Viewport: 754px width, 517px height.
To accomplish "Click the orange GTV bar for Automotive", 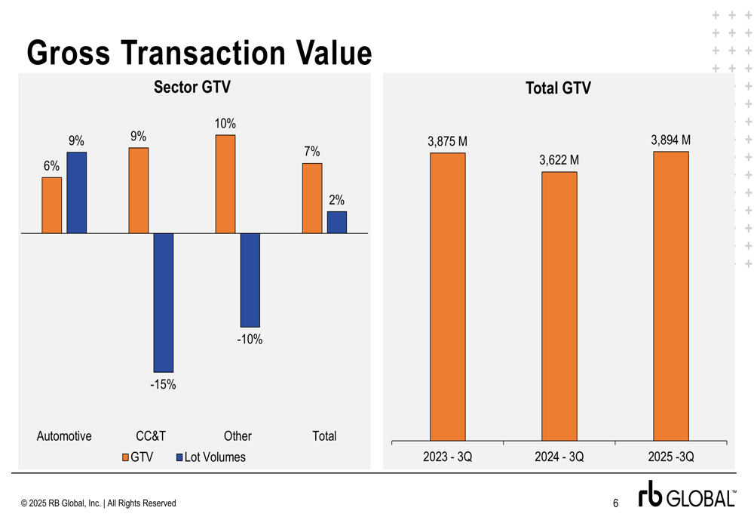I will tap(51, 205).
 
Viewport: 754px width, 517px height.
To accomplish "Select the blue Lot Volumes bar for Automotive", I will tap(77, 192).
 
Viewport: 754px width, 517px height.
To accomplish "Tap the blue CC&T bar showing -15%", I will tap(164, 302).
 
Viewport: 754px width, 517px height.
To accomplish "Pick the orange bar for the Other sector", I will tap(225, 184).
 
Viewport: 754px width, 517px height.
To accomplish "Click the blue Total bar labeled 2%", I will tap(337, 222).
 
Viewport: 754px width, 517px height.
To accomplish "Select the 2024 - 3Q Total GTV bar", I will tap(559, 306).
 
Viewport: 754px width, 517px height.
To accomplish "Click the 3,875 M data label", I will tap(448, 141).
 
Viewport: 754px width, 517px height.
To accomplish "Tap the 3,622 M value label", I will tap(559, 160).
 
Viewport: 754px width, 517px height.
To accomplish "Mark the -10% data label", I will tap(250, 340).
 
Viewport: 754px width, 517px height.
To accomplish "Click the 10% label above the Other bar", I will tap(225, 124).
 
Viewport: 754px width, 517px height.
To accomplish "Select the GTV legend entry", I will tap(137, 457).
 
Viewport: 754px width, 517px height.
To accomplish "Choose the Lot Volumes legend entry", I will tap(210, 457).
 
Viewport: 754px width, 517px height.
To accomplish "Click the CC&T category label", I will tap(151, 436).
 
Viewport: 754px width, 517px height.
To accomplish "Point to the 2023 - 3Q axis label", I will tap(448, 457).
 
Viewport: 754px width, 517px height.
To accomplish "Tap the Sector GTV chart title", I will tap(192, 88).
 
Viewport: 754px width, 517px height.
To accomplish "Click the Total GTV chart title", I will tap(559, 88).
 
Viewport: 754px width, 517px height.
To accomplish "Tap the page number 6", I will tap(615, 503).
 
